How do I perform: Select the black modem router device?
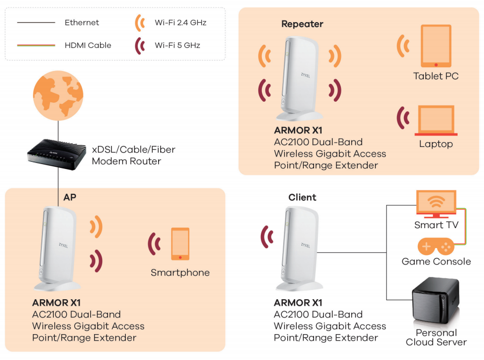tap(57, 153)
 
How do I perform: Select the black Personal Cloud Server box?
tap(435, 305)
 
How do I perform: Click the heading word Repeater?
tap(302, 24)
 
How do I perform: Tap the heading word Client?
tap(302, 197)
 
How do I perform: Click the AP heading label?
tap(70, 197)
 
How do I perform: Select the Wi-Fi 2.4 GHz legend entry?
tap(180, 23)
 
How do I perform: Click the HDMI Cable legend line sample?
tap(36, 45)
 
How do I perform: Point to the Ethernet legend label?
tap(82, 23)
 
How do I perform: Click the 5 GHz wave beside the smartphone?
tap(154, 244)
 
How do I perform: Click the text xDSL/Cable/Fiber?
tap(133, 150)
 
